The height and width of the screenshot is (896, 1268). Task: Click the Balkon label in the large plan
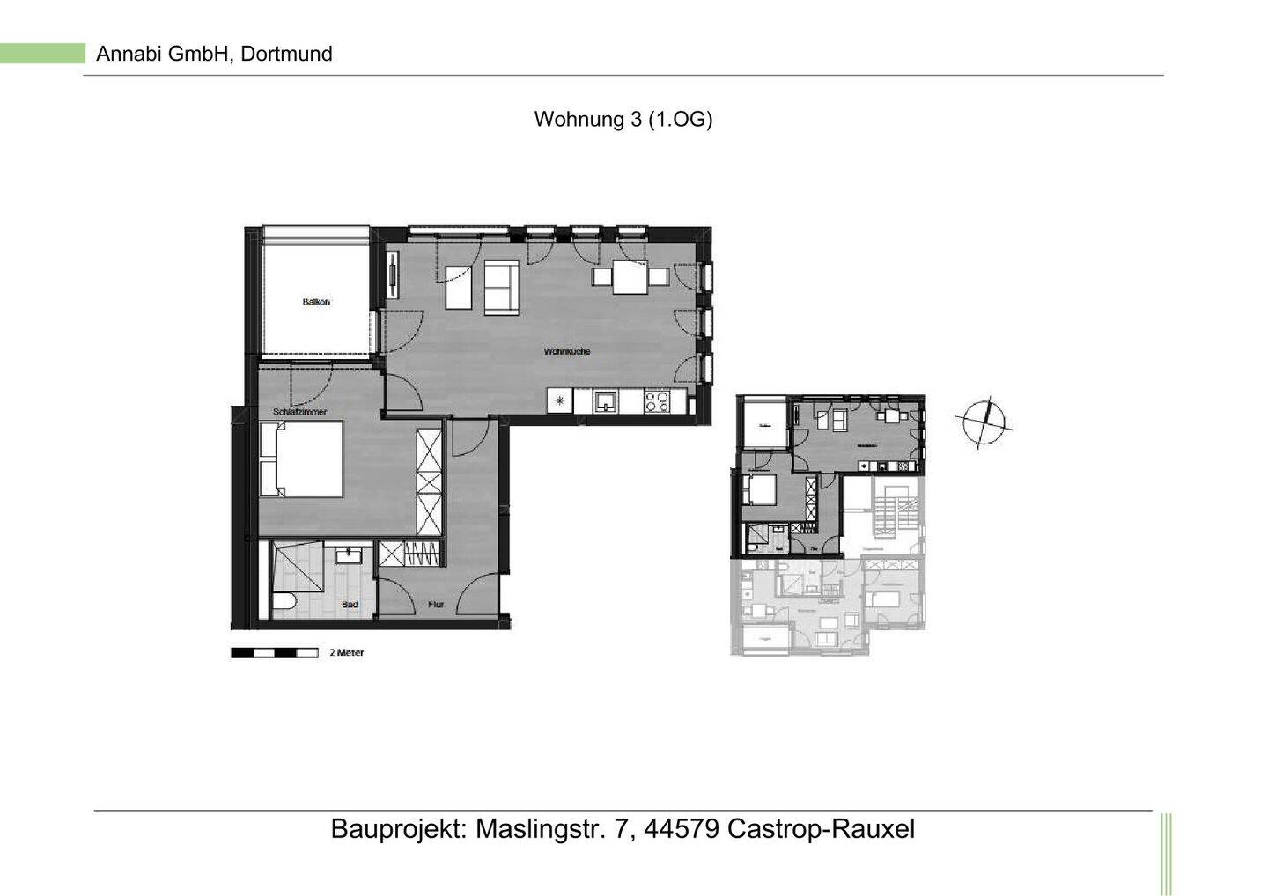click(x=316, y=302)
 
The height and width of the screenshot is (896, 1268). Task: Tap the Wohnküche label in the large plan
click(x=566, y=351)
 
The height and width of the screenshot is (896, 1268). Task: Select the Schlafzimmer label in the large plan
click(x=299, y=411)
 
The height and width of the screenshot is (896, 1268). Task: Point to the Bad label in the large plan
click(x=350, y=605)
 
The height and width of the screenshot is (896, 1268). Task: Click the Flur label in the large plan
click(x=436, y=605)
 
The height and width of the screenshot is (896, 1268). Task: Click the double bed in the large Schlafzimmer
click(x=300, y=459)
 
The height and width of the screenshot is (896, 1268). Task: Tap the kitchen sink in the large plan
click(x=606, y=401)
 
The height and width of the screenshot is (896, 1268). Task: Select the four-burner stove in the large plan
click(x=657, y=401)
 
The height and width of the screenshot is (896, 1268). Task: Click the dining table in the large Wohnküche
click(x=630, y=278)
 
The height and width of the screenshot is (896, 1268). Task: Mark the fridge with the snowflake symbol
click(x=558, y=401)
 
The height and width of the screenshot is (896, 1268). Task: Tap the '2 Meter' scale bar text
click(x=346, y=653)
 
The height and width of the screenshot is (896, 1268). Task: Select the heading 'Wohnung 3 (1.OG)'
click(x=623, y=120)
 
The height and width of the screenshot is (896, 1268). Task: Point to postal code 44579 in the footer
click(x=682, y=829)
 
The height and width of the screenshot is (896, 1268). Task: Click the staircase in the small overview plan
click(x=885, y=516)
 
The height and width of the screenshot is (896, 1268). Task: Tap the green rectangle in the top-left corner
click(x=42, y=54)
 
